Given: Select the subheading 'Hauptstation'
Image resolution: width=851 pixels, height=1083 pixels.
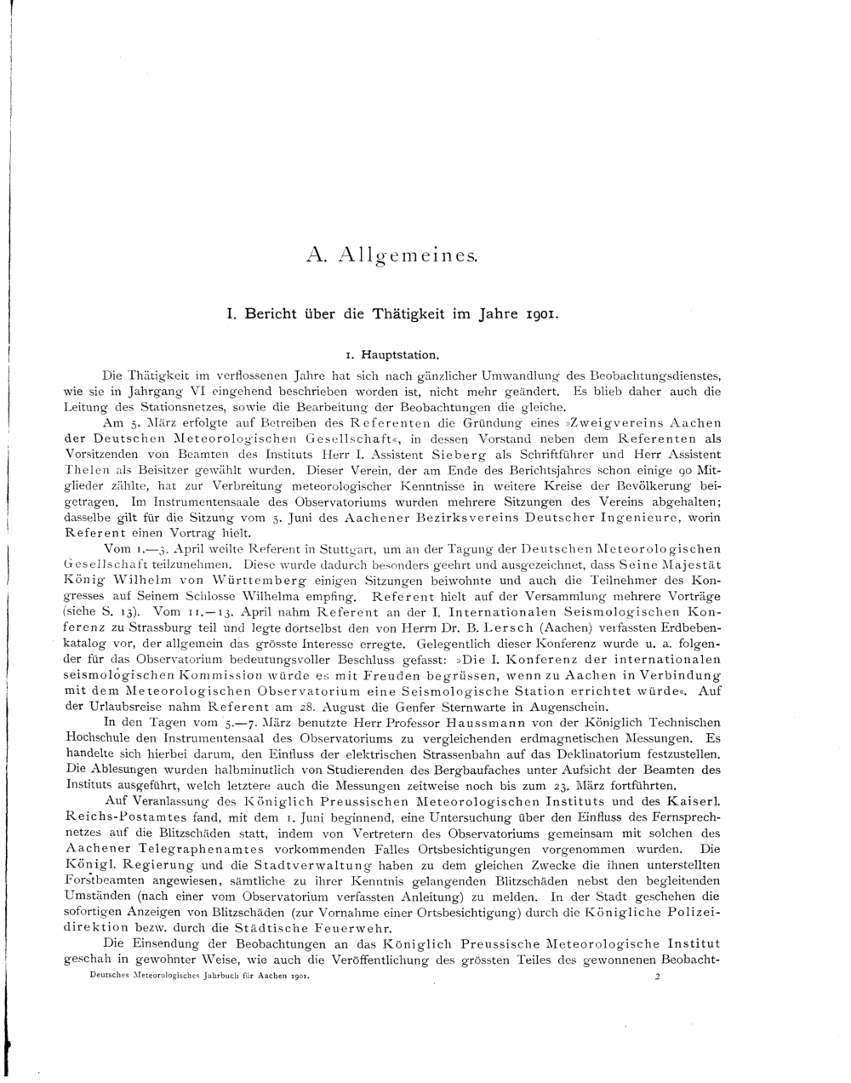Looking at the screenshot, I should point(398,352).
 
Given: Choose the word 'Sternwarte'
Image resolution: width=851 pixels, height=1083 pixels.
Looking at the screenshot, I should point(478,706).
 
